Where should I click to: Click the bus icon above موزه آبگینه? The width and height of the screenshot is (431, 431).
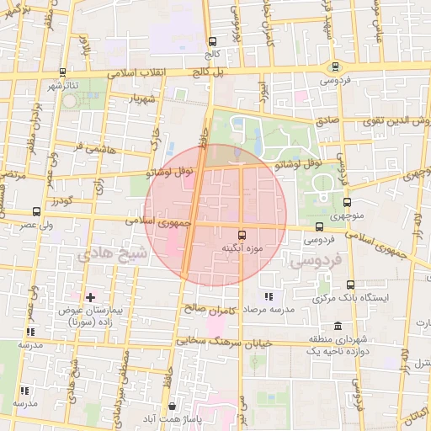tap(242, 235)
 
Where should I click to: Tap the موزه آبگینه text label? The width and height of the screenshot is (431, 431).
tap(242, 249)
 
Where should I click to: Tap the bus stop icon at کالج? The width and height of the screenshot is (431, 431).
tap(211, 41)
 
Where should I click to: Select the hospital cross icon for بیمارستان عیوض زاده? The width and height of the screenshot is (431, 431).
tap(90, 297)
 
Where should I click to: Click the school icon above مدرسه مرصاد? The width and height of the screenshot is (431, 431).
tap(269, 296)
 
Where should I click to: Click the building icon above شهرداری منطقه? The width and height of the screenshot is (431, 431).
tap(338, 326)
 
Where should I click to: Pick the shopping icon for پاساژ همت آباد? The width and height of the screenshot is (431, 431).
tap(173, 406)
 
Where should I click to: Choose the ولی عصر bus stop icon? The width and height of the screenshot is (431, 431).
tap(35, 212)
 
